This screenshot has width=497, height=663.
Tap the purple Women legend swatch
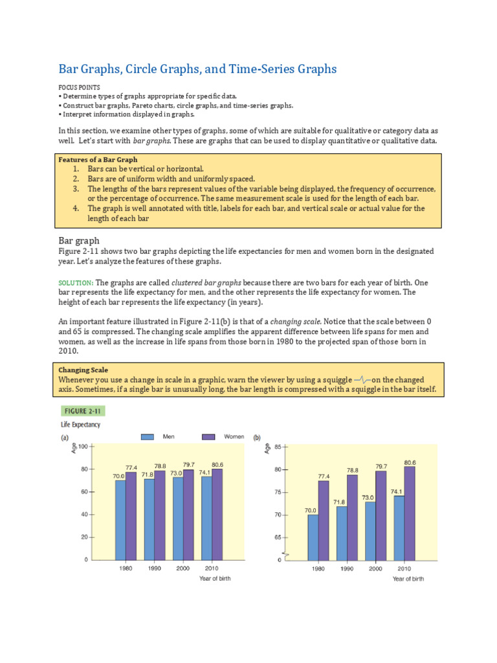208,437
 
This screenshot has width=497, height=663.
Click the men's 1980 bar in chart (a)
120,519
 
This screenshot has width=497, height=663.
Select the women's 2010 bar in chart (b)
410,513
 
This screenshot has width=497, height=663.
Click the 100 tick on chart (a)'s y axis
83,447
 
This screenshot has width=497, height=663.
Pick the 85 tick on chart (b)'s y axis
278,447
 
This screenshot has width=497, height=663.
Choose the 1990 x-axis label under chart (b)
346,568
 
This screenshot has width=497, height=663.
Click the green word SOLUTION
76,283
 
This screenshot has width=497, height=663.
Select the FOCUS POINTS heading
79,86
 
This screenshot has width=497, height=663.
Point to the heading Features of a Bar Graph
98,159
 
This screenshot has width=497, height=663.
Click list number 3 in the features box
75,189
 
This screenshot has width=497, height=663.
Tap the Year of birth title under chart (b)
408,579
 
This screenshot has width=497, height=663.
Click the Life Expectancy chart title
81,425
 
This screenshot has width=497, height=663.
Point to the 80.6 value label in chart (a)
217,464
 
